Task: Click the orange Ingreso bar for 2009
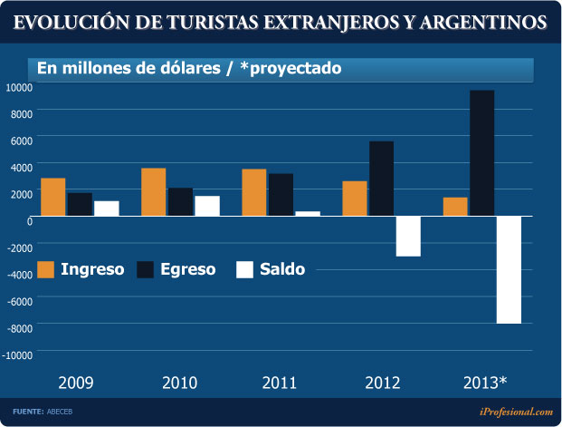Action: click(53, 197)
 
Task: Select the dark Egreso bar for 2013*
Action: click(481, 153)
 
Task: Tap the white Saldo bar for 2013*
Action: click(509, 270)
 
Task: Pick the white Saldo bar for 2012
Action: click(408, 237)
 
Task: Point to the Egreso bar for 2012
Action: click(381, 179)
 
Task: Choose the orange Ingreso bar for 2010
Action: click(154, 192)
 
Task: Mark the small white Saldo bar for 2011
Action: click(308, 214)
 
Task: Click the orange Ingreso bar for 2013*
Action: click(455, 207)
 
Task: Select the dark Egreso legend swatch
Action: click(147, 269)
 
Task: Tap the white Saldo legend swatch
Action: click(245, 269)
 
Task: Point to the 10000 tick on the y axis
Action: click(19, 87)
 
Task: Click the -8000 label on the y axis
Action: click(19, 327)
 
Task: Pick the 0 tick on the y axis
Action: click(29, 220)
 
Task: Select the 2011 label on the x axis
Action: click(280, 381)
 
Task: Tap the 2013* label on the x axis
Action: click(484, 381)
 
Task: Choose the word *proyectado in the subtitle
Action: click(291, 67)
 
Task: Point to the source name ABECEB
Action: click(62, 412)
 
